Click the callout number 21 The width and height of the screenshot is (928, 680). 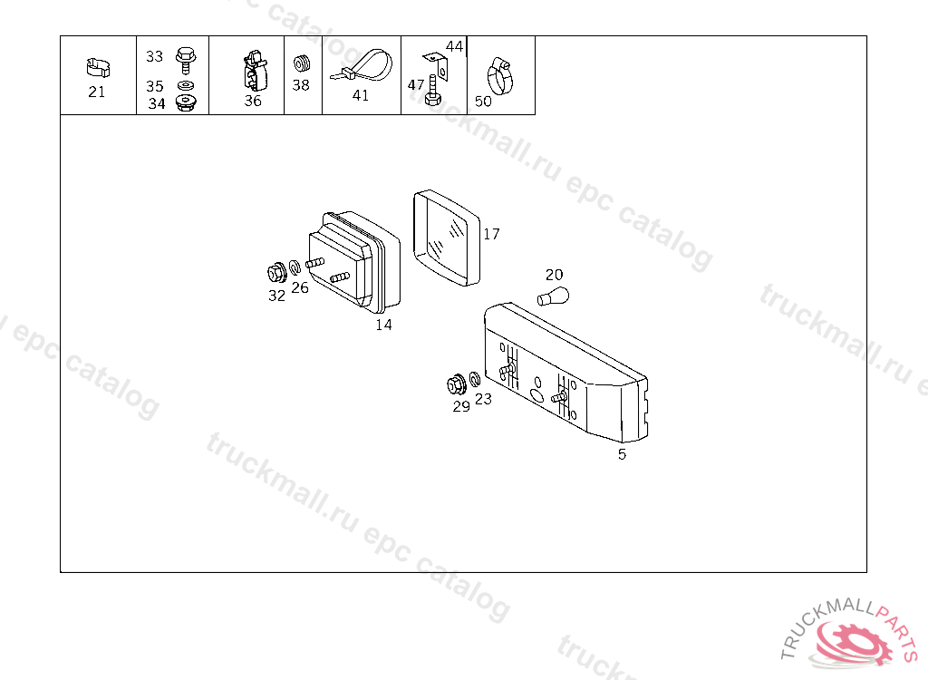96,92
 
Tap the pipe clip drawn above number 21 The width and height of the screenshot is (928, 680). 98,67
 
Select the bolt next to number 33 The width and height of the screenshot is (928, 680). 186,59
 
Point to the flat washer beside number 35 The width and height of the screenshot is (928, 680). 185,85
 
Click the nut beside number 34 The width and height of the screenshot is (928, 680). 187,102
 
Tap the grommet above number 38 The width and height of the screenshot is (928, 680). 302,63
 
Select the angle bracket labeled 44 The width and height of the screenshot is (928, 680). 438,65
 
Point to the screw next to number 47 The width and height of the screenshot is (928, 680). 433,92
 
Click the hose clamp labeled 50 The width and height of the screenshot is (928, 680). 499,77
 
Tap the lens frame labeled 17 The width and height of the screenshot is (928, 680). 447,238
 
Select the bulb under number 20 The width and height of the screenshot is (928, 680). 554,296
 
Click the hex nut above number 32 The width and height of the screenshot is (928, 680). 276,273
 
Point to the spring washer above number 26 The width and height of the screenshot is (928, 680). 295,267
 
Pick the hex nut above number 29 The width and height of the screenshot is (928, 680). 457,384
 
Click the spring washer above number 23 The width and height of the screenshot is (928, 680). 475,379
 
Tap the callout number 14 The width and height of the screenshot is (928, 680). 383,325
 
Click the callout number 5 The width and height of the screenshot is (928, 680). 622,454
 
